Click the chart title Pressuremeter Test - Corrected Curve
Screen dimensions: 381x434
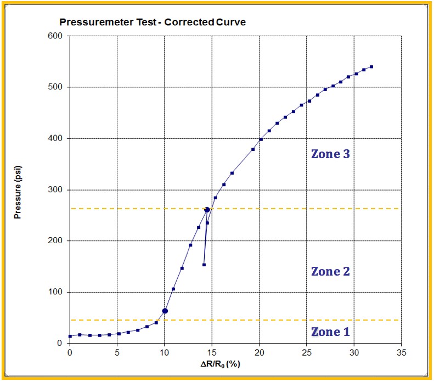tap(153, 23)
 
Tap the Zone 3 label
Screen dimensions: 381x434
tap(330, 154)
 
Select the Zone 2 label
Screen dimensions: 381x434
tap(330, 271)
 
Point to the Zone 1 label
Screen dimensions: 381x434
tap(330, 332)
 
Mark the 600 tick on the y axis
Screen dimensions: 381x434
tap(57, 36)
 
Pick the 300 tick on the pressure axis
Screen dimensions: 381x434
tap(57, 190)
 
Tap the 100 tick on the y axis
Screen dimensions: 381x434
tap(57, 292)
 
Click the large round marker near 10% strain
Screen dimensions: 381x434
tap(165, 311)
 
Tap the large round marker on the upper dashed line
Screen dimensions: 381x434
tap(207, 210)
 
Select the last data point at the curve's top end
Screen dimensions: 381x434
tap(371, 67)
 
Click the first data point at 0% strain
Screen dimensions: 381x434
tap(70, 336)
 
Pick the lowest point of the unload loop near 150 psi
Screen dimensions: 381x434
tap(204, 265)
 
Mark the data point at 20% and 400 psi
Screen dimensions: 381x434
tap(261, 139)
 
